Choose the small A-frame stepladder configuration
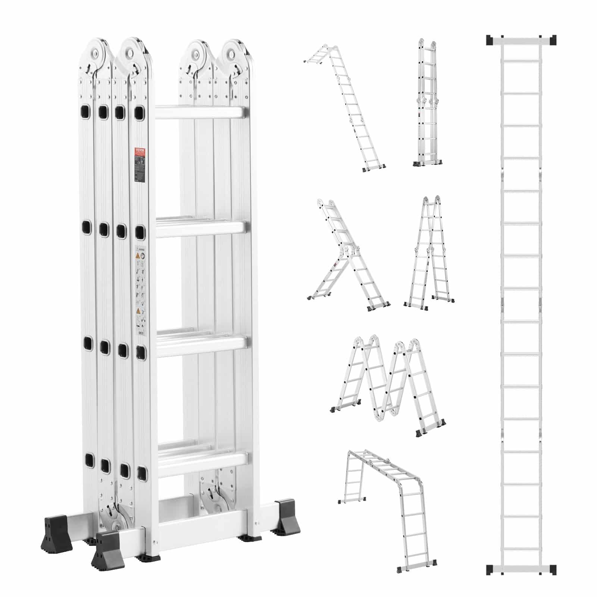429,254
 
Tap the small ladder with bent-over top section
345,108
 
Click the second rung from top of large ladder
201,228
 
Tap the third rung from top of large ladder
201,345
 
